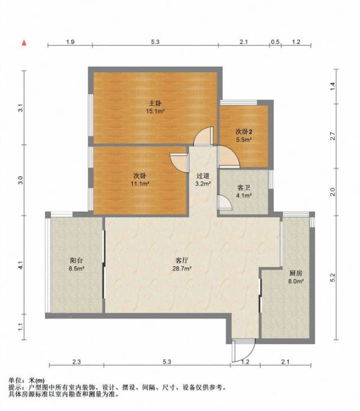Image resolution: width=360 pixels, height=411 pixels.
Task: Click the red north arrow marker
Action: point(24,43)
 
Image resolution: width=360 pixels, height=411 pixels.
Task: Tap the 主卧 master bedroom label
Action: point(155,103)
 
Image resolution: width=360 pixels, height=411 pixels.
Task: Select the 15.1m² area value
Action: point(155,111)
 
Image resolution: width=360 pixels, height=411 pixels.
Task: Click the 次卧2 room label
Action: point(244,132)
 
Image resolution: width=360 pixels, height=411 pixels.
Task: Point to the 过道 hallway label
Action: point(203,176)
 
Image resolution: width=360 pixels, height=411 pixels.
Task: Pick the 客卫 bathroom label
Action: point(244,187)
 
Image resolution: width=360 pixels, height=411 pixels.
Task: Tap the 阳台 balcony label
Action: point(76,260)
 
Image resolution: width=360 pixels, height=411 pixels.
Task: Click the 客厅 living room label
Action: point(182,260)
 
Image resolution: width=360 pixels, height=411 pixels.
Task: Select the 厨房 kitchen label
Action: point(296,273)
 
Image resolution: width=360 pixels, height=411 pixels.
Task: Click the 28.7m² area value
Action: point(182,269)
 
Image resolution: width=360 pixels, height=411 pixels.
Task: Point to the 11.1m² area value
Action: point(140,184)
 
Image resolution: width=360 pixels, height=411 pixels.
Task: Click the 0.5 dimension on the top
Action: point(275,42)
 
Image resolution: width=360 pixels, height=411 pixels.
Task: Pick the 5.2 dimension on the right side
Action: point(332,278)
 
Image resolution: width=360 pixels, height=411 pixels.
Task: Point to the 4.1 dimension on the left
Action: point(21,266)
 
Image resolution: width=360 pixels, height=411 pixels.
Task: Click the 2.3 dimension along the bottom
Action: point(76,362)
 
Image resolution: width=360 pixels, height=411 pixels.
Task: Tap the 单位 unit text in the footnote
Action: point(15,381)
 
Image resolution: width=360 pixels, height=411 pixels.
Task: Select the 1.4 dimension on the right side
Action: point(332,87)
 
